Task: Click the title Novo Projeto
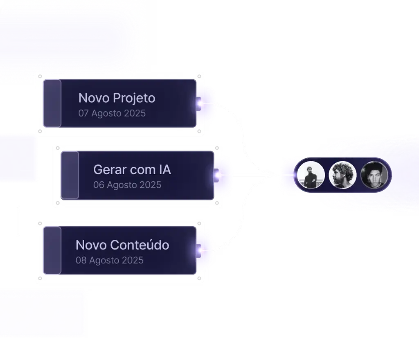point(117,98)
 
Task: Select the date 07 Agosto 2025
point(112,113)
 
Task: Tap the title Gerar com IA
point(132,169)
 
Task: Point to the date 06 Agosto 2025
point(127,185)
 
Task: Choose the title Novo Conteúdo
point(122,245)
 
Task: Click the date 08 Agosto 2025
point(110,260)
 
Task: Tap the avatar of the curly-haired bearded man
point(342,175)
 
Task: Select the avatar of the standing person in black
point(311,175)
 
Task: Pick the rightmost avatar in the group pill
point(374,175)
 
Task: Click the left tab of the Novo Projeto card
point(52,103)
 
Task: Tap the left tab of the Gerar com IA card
point(70,175)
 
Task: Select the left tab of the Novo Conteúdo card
point(52,250)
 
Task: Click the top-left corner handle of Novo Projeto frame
point(40,76)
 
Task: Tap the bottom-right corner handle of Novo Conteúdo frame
point(199,279)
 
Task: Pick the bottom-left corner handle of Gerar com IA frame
point(58,203)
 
